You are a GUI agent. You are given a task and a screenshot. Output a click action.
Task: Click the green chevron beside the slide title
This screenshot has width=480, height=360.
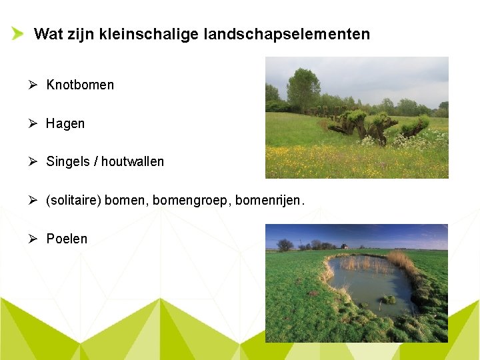(x=17, y=34)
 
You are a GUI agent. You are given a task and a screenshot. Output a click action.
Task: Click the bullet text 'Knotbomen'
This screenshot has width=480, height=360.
(x=80, y=85)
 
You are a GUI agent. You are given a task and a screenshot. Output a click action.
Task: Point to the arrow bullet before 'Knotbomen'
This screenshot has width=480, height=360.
(x=33, y=85)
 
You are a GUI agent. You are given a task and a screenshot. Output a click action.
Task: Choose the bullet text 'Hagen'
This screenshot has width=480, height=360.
(x=65, y=123)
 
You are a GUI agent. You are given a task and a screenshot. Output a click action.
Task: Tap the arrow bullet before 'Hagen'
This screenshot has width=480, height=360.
(x=33, y=123)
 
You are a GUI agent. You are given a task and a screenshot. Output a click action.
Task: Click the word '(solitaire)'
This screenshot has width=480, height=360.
(x=73, y=200)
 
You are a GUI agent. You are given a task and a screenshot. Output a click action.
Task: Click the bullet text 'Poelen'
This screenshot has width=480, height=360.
(x=67, y=239)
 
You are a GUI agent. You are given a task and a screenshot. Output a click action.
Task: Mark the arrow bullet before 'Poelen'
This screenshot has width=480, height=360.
(x=33, y=239)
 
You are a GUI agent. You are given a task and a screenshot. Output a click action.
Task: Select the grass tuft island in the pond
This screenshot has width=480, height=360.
(x=387, y=299)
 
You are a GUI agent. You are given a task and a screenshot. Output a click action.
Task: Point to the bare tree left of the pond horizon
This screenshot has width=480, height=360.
(x=285, y=245)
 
